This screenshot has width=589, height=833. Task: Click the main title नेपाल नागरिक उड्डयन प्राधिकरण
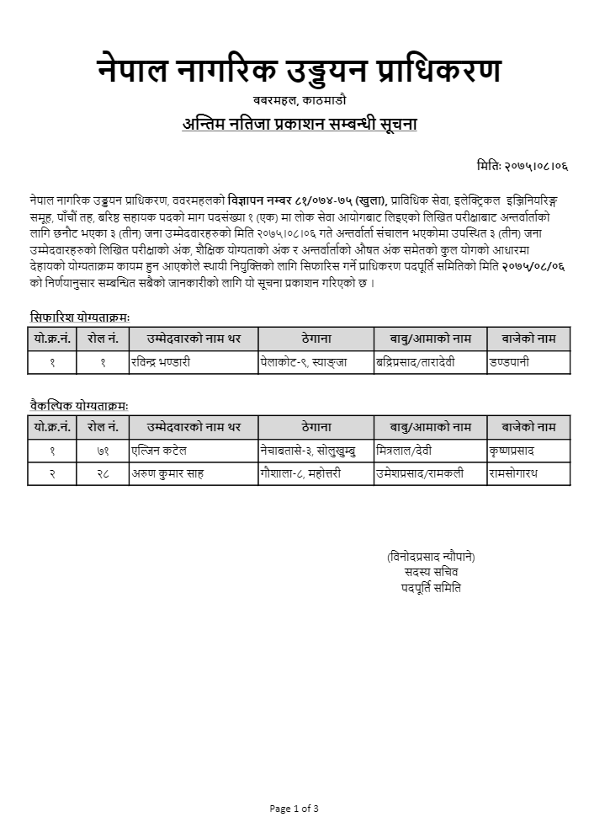click(299, 71)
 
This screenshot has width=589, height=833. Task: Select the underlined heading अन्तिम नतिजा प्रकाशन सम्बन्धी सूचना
click(300, 124)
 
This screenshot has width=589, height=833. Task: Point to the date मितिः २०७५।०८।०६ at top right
click(521, 167)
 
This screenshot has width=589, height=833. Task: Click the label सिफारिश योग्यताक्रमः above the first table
click(80, 318)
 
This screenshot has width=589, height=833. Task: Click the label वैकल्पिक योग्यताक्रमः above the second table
click(79, 406)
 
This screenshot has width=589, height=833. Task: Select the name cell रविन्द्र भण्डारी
click(161, 362)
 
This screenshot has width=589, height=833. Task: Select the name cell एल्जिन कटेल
click(158, 451)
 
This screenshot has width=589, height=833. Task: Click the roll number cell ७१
click(103, 451)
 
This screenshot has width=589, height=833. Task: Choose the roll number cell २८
click(103, 473)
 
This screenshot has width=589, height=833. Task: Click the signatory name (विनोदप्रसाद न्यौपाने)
click(431, 557)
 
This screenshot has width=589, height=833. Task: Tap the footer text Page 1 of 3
click(294, 809)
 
